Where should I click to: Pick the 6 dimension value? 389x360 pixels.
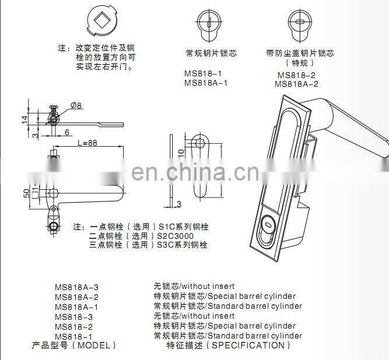click(67, 132)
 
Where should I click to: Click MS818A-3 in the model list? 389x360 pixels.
click(76, 287)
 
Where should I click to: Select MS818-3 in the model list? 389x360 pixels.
click(74, 316)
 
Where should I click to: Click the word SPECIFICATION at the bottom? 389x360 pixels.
click(248, 345)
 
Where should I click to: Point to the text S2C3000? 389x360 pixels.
click(176, 236)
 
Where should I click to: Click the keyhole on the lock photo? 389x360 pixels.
click(268, 223)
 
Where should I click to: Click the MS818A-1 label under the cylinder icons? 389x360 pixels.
click(205, 83)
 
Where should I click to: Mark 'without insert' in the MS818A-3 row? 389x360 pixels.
click(209, 287)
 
